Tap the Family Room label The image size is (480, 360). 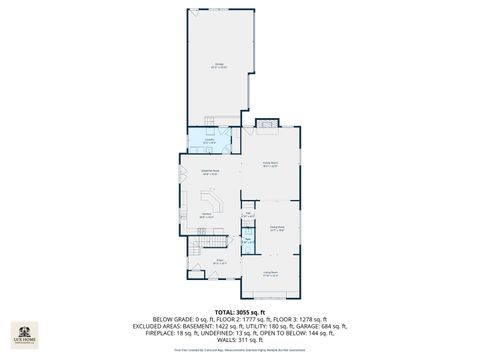click(269, 163)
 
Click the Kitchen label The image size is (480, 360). click(206, 215)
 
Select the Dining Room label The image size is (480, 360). click(277, 228)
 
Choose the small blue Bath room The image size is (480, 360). click(247, 240)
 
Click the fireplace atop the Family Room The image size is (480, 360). click(267, 125)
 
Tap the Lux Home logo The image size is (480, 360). click(23, 333)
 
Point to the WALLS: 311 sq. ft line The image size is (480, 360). click(239, 340)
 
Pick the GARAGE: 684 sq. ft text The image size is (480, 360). click(319, 325)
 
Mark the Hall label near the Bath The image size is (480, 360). click(247, 213)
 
